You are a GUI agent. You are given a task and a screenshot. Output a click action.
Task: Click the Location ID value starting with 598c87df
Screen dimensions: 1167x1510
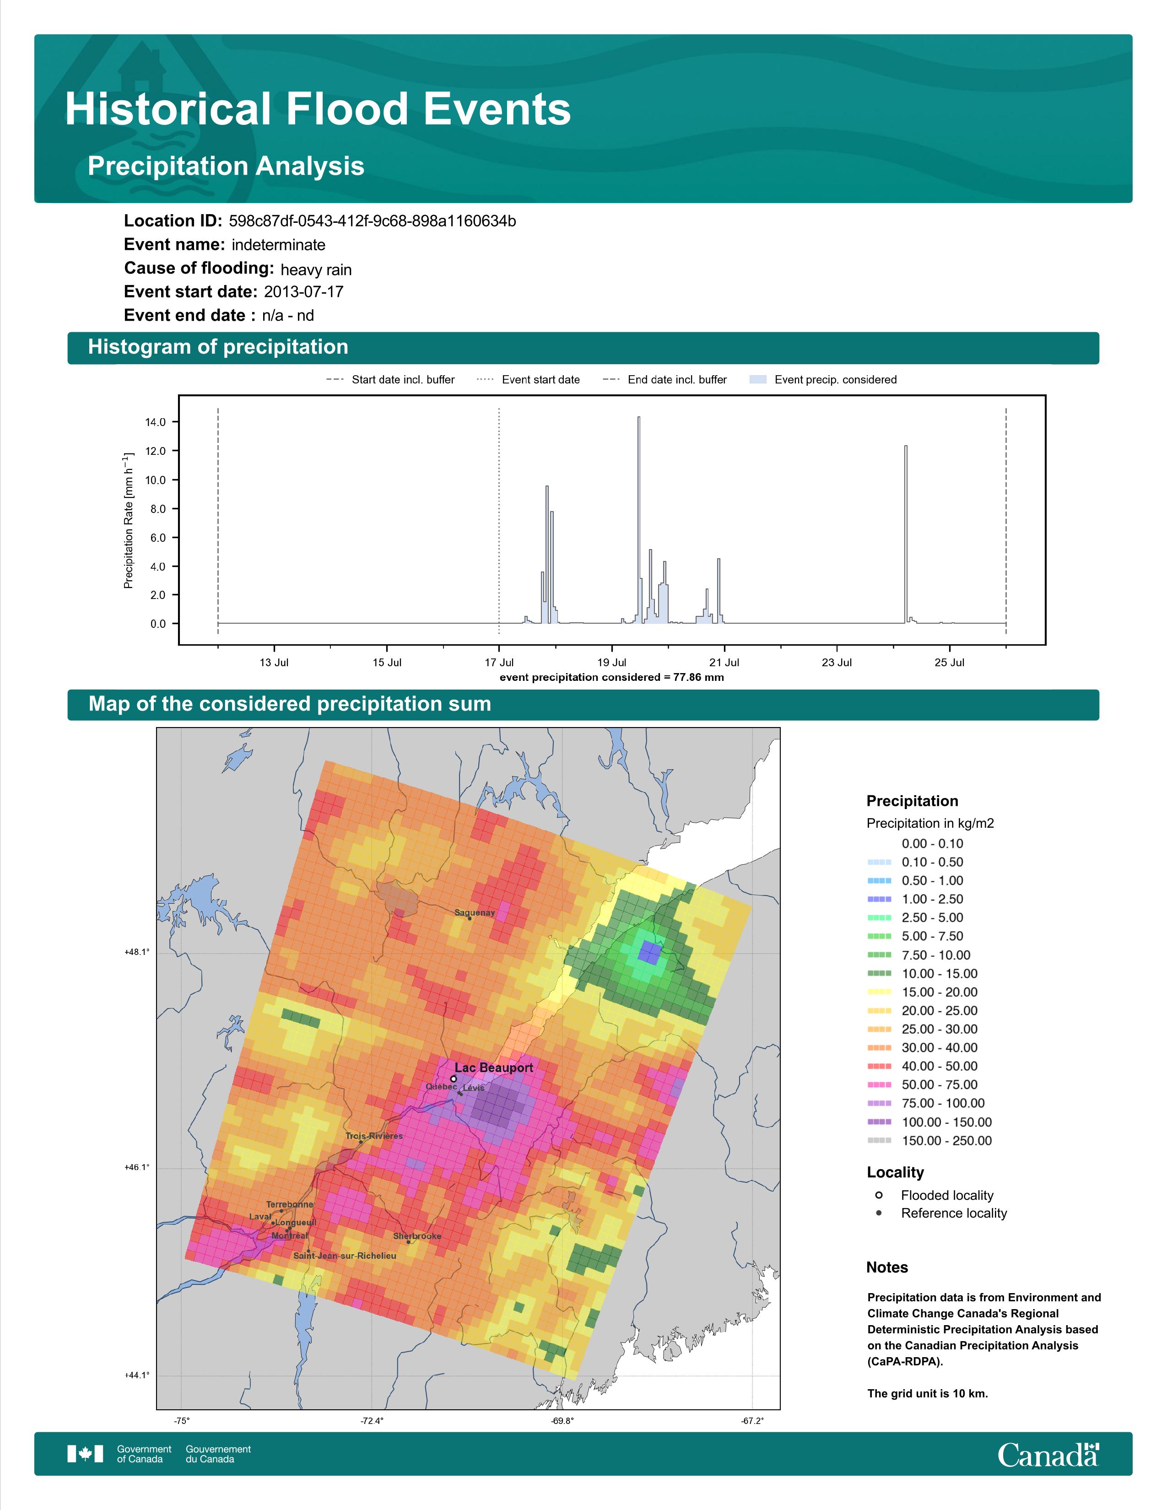(x=372, y=221)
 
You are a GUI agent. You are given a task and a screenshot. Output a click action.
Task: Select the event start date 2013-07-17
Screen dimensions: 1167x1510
(x=303, y=292)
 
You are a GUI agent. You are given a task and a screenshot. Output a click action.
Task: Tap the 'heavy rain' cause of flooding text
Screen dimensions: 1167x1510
(x=316, y=270)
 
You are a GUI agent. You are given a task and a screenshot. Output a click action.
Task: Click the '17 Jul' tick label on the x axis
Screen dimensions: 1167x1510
(x=499, y=663)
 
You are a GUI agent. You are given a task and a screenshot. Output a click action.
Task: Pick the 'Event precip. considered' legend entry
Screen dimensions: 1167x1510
(x=823, y=380)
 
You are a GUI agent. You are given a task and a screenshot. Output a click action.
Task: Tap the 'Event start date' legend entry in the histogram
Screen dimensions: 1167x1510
(x=528, y=380)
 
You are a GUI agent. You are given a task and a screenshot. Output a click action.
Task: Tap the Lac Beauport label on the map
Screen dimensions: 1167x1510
(x=494, y=1068)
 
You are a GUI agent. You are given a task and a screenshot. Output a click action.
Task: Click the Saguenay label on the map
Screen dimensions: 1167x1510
(x=474, y=913)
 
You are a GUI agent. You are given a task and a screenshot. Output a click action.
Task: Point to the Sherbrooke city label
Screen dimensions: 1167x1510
(x=417, y=1235)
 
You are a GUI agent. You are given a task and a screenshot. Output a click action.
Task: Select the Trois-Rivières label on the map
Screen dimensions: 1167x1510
(x=374, y=1135)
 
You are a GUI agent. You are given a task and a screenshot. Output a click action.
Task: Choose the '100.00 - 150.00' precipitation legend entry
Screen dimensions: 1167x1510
(x=929, y=1122)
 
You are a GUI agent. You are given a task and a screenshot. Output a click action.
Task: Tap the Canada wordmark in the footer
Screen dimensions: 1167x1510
(x=1048, y=1455)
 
